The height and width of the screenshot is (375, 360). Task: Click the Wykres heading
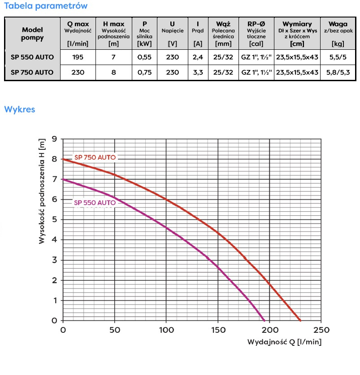tap(19, 109)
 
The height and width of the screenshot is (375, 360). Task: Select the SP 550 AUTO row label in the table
tap(32, 57)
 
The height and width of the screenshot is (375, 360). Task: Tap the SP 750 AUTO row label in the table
tap(32, 72)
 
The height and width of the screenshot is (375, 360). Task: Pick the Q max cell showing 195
tap(78, 57)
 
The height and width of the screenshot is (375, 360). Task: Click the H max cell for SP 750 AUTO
tap(114, 72)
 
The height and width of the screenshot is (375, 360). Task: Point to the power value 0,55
tap(145, 57)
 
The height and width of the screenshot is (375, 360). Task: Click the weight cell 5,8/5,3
tap(338, 72)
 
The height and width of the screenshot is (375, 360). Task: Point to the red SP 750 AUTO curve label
tap(95, 157)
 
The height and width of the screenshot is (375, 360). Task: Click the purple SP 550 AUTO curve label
tap(95, 203)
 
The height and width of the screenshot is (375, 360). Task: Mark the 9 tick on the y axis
tap(54, 139)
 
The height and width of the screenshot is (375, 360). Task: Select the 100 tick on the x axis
tap(166, 330)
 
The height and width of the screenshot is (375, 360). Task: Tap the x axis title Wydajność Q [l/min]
tap(284, 342)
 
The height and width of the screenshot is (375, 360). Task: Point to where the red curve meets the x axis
tap(300, 320)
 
